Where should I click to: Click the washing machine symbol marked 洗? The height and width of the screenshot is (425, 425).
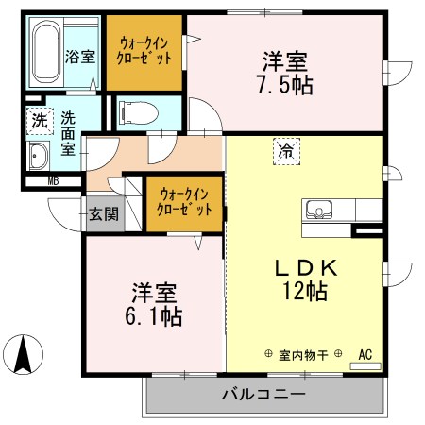point(39,121)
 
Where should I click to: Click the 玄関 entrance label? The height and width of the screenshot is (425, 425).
point(104,213)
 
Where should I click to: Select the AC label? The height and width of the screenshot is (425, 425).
point(365,355)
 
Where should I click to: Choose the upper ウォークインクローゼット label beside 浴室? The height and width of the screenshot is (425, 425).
point(145,50)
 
